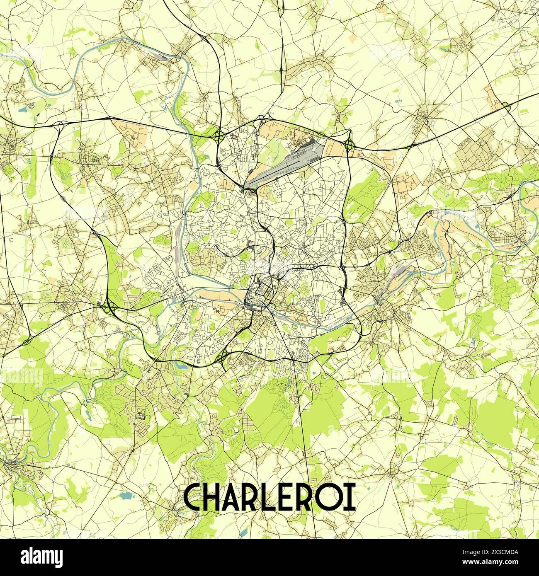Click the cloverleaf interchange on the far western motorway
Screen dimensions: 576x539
(109, 307)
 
